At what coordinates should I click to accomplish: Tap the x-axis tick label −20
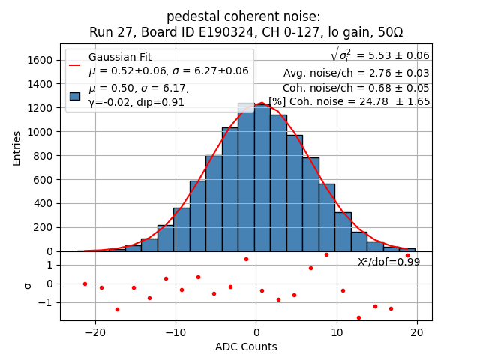(95, 333)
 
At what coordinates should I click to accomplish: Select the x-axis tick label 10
(336, 333)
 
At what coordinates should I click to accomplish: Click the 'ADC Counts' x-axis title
(246, 346)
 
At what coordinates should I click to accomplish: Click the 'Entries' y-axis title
(17, 148)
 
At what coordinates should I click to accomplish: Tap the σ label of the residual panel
(28, 285)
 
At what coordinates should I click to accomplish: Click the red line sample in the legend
(75, 64)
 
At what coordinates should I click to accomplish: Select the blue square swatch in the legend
(75, 95)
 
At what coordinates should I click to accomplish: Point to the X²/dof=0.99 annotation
(388, 262)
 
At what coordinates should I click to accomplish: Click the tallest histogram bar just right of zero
(262, 180)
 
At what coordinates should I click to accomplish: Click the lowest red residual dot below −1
(358, 317)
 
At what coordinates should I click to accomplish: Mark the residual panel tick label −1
(46, 303)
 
